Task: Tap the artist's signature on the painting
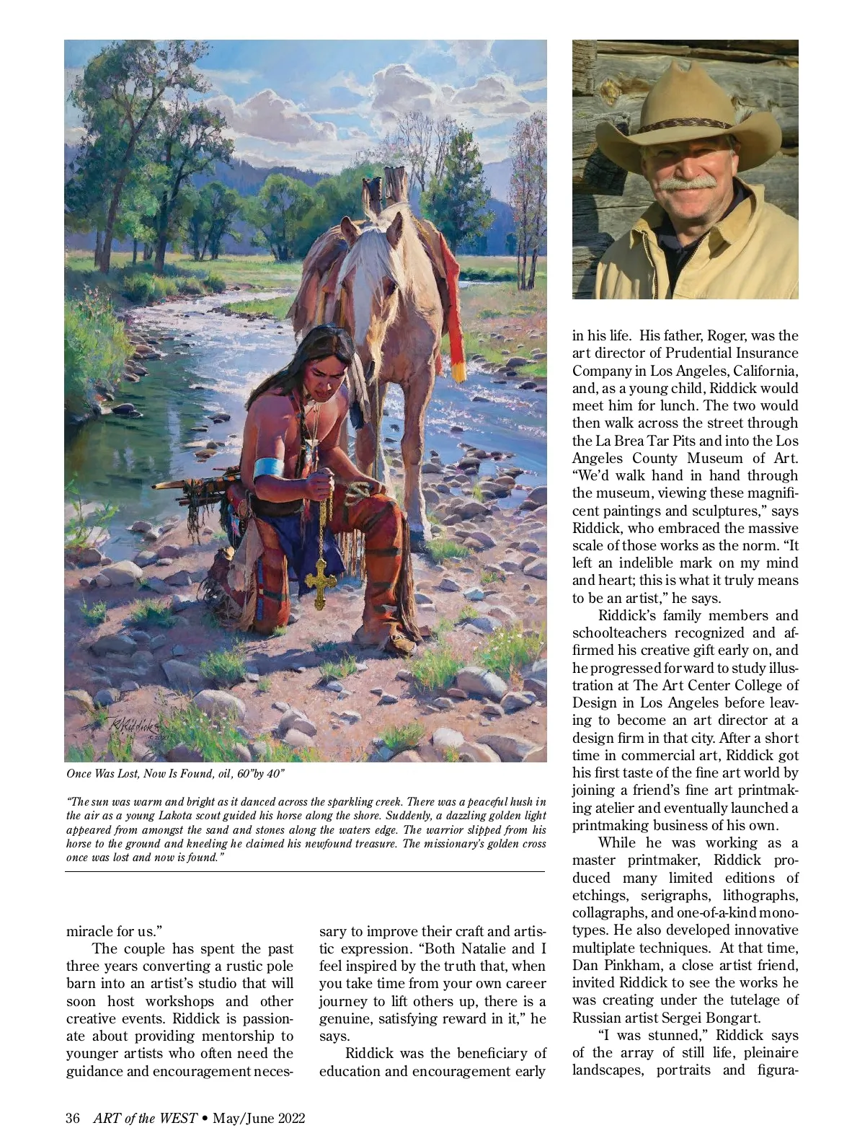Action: point(130,726)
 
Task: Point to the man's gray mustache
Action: point(688,183)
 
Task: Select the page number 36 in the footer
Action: point(72,1119)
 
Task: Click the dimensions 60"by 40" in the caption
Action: point(256,774)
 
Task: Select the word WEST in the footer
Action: point(177,1119)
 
